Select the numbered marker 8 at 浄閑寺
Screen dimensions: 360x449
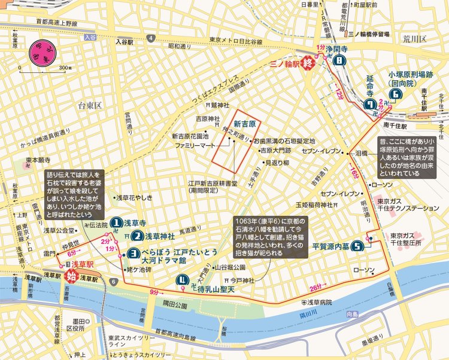pyautogui.click(x=340, y=60)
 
